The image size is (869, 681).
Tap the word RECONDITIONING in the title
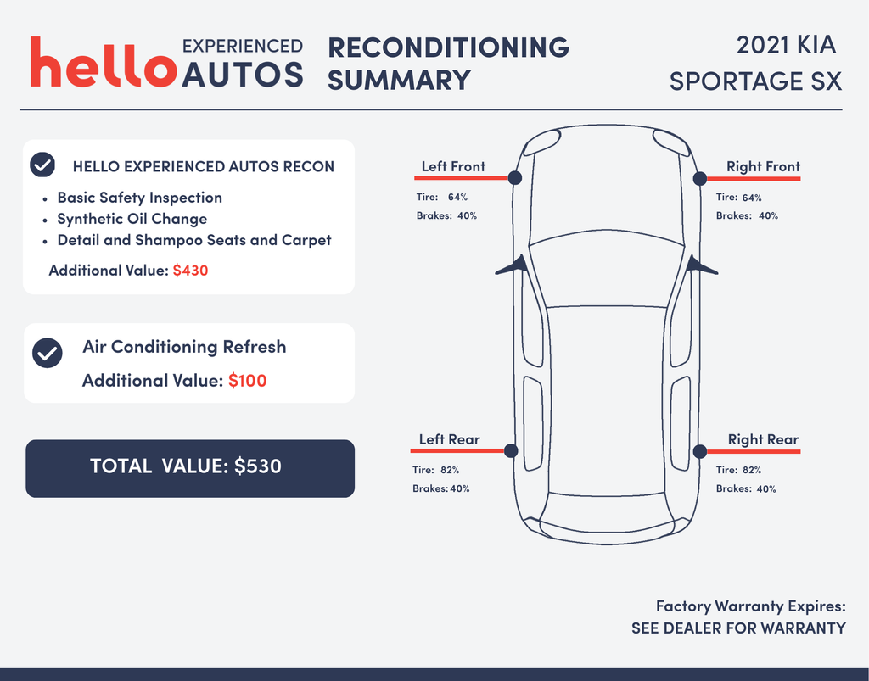pyautogui.click(x=448, y=47)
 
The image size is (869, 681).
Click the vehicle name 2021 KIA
pyautogui.click(x=786, y=45)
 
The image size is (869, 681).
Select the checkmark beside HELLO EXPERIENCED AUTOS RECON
pyautogui.click(x=42, y=165)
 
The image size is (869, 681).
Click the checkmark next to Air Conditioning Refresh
pyautogui.click(x=48, y=353)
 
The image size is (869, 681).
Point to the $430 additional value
pyautogui.click(x=191, y=271)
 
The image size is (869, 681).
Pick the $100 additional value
pyautogui.click(x=247, y=381)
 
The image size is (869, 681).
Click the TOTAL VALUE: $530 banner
pyautogui.click(x=190, y=468)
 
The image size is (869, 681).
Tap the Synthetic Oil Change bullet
pyautogui.click(x=132, y=220)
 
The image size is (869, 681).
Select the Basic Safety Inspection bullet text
pyautogui.click(x=140, y=198)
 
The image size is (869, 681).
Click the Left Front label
pyautogui.click(x=453, y=166)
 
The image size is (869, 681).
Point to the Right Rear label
pyautogui.click(x=763, y=439)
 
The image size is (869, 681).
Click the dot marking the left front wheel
pyautogui.click(x=515, y=178)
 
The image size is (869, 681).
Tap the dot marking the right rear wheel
pyautogui.click(x=700, y=451)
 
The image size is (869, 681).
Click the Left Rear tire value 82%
pyautogui.click(x=450, y=470)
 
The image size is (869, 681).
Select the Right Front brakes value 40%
pyautogui.click(x=768, y=215)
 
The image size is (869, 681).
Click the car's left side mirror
pyautogui.click(x=511, y=265)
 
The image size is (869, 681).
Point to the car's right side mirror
pyautogui.click(x=702, y=265)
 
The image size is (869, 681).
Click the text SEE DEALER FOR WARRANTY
pyautogui.click(x=739, y=628)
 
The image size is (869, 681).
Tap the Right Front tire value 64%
pyautogui.click(x=752, y=197)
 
